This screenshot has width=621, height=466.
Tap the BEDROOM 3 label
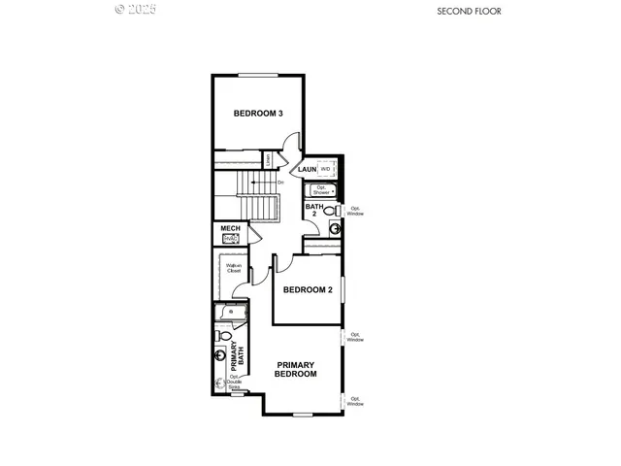pos(258,114)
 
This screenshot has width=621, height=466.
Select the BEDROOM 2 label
pos(308,289)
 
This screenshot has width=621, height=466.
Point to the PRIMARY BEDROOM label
pos(296,369)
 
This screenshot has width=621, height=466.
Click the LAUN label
pos(307,169)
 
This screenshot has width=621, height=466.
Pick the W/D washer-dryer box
pos(326,169)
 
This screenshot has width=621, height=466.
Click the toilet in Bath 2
pos(330,210)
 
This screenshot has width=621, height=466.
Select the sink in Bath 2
pos(335,229)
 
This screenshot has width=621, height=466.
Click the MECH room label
pos(229,228)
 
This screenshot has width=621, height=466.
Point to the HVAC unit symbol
pos(230,239)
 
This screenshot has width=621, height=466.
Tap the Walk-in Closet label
pos(233,268)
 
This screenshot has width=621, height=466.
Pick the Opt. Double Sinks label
pos(233,383)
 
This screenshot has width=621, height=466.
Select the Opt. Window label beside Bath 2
pos(356,210)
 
